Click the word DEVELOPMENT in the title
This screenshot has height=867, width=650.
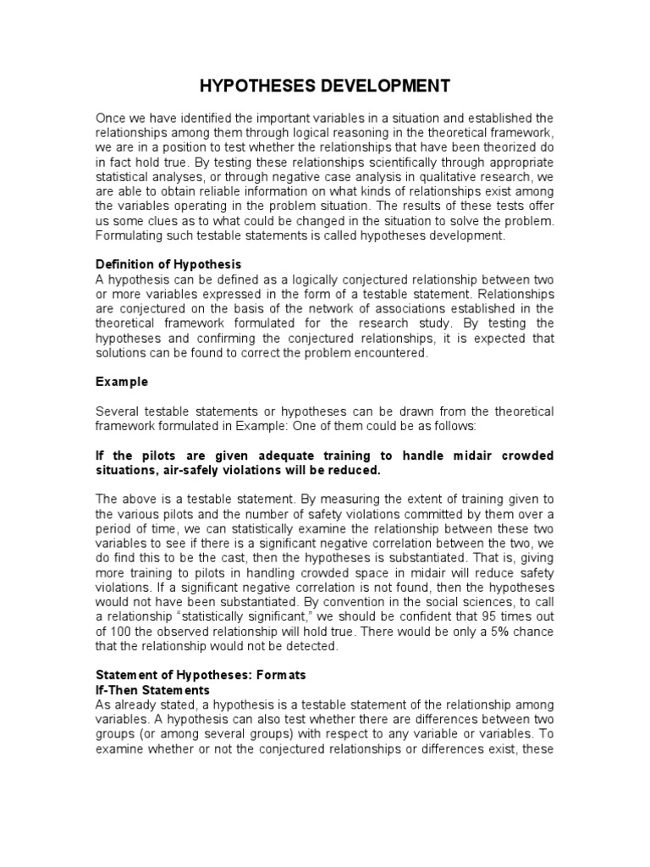click(x=375, y=86)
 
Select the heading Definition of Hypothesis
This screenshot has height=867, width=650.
click(x=168, y=265)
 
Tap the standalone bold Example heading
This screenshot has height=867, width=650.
click(x=121, y=382)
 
